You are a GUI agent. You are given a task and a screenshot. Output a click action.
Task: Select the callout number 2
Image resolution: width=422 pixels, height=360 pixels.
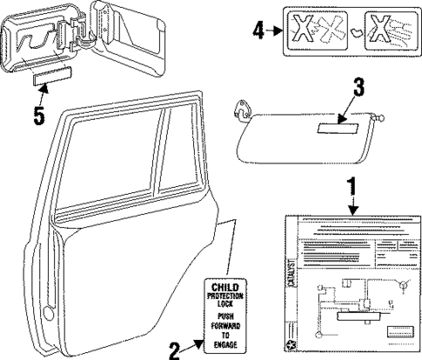pyautogui.click(x=174, y=350)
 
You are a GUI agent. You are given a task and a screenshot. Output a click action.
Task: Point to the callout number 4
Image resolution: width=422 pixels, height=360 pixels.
pyautogui.click(x=258, y=30)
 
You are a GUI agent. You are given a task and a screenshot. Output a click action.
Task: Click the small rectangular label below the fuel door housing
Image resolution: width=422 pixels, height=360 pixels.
pyautogui.click(x=48, y=79)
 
